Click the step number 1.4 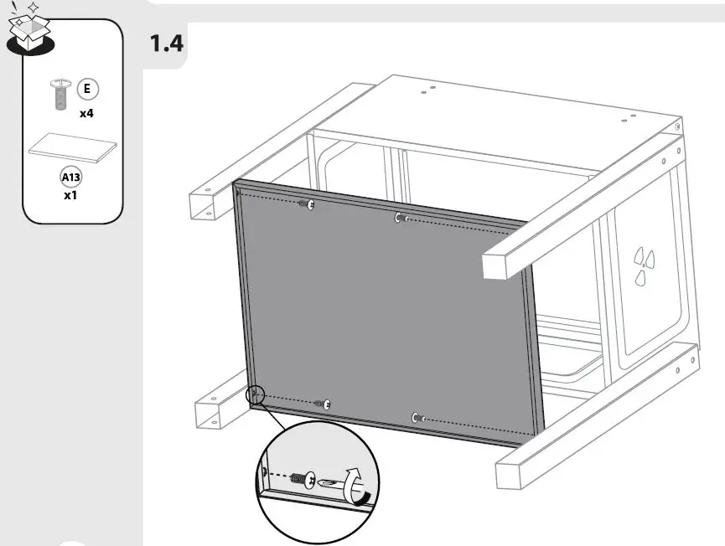click(166, 44)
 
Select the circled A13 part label click(71, 177)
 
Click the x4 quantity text click(86, 113)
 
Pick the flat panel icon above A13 click(72, 149)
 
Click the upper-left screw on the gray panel click(309, 204)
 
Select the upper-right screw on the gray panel click(400, 219)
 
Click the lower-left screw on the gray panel click(325, 404)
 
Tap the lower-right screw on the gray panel click(416, 417)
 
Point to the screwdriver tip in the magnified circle click(326, 482)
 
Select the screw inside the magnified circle click(303, 482)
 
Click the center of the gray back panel click(390, 314)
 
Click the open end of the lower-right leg click(509, 474)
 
